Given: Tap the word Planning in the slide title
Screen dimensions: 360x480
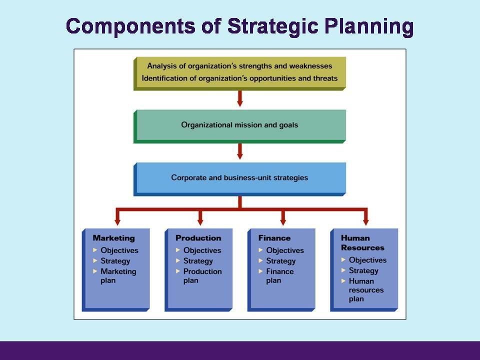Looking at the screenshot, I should pyautogui.click(x=368, y=26).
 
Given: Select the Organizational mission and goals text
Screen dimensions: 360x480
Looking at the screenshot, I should pyautogui.click(x=239, y=124).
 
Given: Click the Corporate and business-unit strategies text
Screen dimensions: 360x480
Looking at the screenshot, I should pyautogui.click(x=239, y=177).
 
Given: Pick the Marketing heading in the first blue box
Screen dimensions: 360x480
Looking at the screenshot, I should pyautogui.click(x=113, y=238).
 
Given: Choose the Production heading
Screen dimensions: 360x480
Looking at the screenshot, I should pyautogui.click(x=198, y=238).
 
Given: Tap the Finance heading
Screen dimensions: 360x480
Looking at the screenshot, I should pyautogui.click(x=274, y=238).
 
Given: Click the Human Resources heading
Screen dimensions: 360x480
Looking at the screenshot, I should pyautogui.click(x=362, y=242).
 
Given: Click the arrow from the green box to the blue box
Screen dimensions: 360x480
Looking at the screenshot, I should pyautogui.click(x=240, y=151).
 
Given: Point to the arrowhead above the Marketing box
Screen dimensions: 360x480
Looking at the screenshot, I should pyautogui.click(x=117, y=220).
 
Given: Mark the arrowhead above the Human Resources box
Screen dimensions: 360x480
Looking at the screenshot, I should pyautogui.click(x=365, y=220).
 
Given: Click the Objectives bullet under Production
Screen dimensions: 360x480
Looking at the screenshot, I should pyautogui.click(x=202, y=250).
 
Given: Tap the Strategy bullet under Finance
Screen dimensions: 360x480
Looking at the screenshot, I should pyautogui.click(x=280, y=261).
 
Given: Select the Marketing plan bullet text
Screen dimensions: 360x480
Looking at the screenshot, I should pyautogui.click(x=118, y=276).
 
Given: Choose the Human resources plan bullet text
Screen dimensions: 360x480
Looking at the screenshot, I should pyautogui.click(x=366, y=290).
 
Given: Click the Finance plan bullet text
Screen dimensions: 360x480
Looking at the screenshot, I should pyautogui.click(x=279, y=276).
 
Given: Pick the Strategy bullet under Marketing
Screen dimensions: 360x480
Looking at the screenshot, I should pyautogui.click(x=115, y=261).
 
